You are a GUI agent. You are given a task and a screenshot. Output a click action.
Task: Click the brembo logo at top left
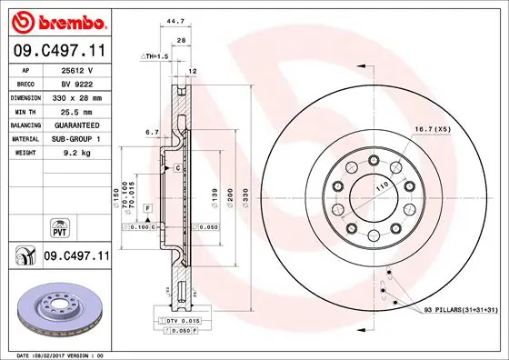click(56, 19)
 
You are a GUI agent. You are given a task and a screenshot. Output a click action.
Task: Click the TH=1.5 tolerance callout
click(155, 56)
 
